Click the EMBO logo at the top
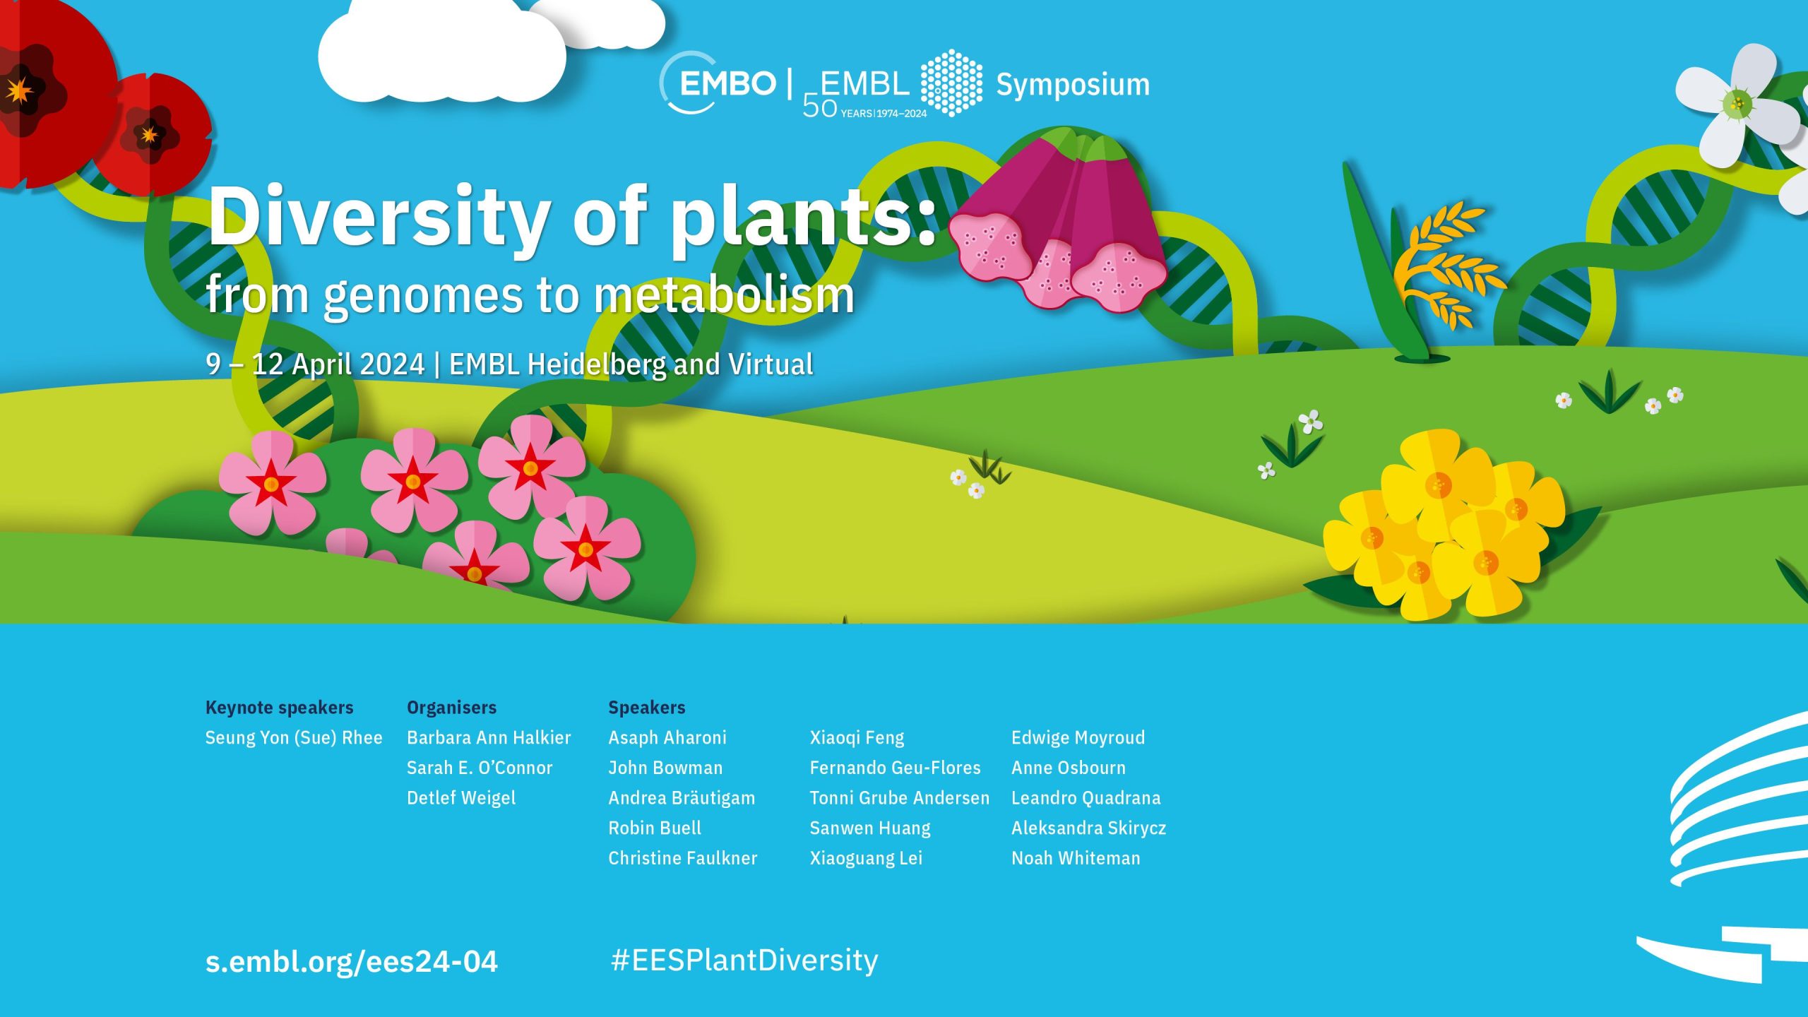click(718, 83)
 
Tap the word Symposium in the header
click(1073, 85)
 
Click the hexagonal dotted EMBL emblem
click(951, 83)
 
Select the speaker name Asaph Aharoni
click(667, 738)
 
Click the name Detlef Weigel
click(461, 799)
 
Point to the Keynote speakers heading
click(279, 708)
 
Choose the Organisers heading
click(452, 708)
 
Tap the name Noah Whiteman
click(1076, 858)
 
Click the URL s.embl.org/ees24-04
click(352, 961)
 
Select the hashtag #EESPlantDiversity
click(744, 961)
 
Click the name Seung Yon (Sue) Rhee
click(294, 738)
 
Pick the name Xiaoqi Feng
click(857, 738)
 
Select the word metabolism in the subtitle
click(724, 295)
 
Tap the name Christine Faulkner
click(683, 858)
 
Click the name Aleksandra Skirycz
click(1088, 828)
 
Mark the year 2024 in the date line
click(394, 364)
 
